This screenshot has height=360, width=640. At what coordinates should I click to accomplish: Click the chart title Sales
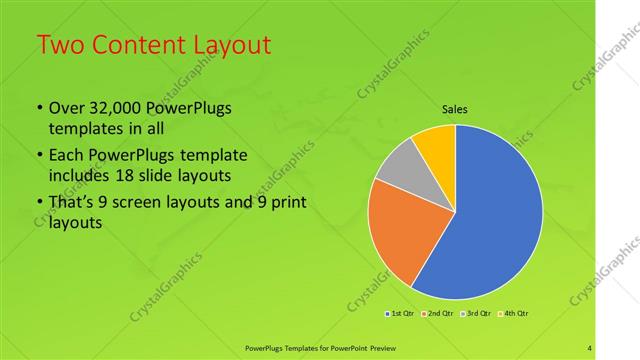click(x=455, y=109)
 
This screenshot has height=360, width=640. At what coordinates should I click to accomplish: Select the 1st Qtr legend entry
click(x=402, y=313)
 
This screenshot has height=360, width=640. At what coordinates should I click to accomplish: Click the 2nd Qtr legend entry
click(x=439, y=313)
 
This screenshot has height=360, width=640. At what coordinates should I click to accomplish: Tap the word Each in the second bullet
click(x=67, y=157)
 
